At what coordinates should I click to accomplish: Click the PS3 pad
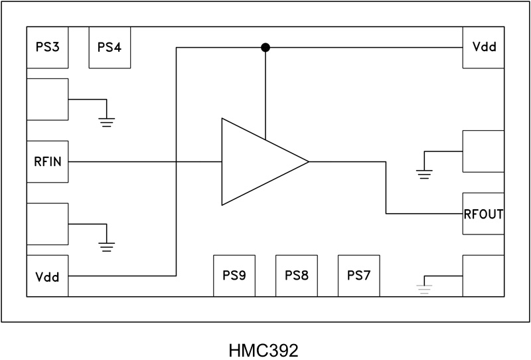[x=47, y=47]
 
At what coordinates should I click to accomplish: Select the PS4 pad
[x=110, y=47]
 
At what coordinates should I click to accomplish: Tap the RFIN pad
[x=47, y=161]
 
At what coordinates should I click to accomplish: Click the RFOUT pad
[x=483, y=214]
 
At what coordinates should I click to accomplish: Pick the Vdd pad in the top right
[x=483, y=47]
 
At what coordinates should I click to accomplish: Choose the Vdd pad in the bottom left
[x=47, y=276]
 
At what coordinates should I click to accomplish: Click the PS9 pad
[x=234, y=276]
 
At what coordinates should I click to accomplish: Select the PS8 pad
[x=297, y=276]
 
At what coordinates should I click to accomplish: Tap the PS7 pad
[x=359, y=276]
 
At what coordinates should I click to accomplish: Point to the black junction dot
[x=265, y=47]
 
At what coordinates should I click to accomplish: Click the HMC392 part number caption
[x=265, y=347]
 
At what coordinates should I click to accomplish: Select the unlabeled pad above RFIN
[x=47, y=99]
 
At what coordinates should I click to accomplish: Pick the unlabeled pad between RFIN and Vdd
[x=47, y=224]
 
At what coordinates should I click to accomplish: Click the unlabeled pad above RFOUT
[x=483, y=151]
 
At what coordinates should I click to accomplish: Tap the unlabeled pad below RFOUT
[x=483, y=276]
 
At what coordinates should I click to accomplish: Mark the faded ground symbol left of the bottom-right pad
[x=424, y=288]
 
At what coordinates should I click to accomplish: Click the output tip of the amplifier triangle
[x=308, y=161]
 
